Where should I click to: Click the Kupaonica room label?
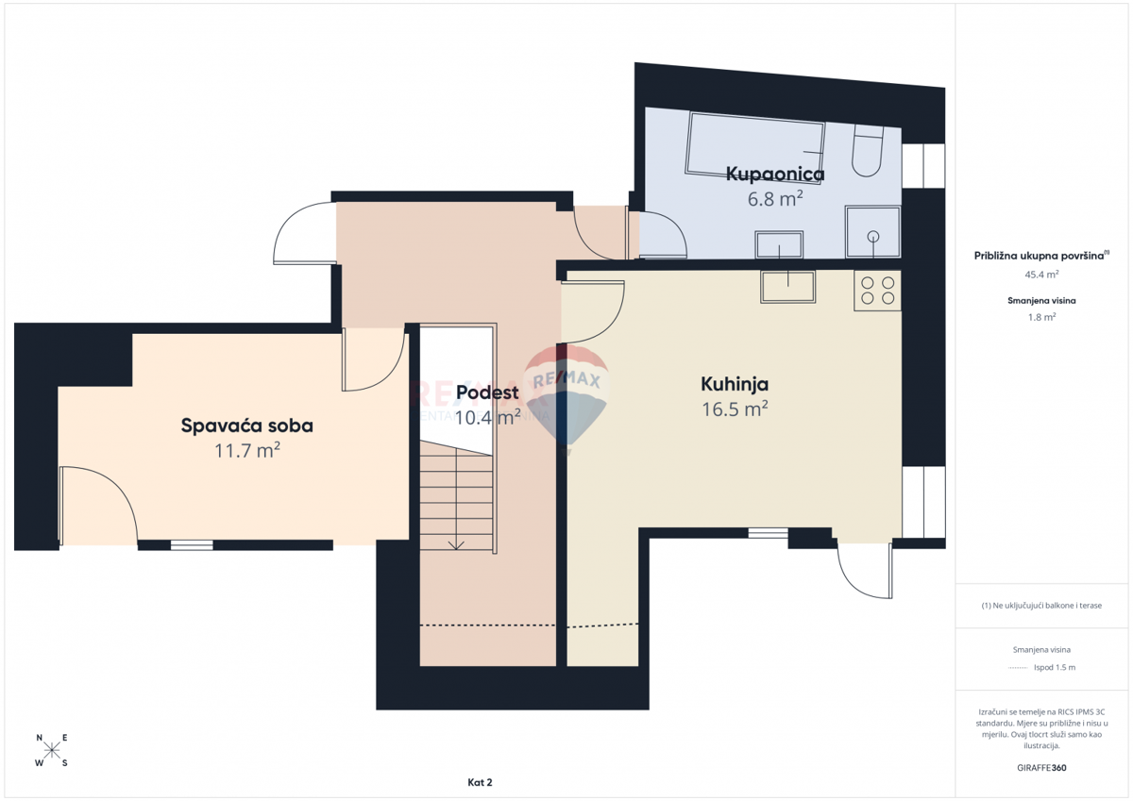774,174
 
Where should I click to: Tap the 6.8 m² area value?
774,198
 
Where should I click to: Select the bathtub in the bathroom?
755,143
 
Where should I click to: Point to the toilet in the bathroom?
867,152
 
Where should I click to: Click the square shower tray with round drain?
873,232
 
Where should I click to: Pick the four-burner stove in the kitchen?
877,291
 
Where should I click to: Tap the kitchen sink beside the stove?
787,287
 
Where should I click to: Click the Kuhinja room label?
734,384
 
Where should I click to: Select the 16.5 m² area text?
734,409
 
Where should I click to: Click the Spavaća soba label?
246,426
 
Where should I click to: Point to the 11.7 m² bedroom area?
246,451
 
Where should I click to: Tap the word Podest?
487,392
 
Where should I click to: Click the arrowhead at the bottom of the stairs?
457,544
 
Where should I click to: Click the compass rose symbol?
52,751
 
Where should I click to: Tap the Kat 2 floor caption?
480,782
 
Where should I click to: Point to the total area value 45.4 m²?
1040,275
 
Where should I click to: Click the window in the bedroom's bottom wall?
192,544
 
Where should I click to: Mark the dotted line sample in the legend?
1017,668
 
